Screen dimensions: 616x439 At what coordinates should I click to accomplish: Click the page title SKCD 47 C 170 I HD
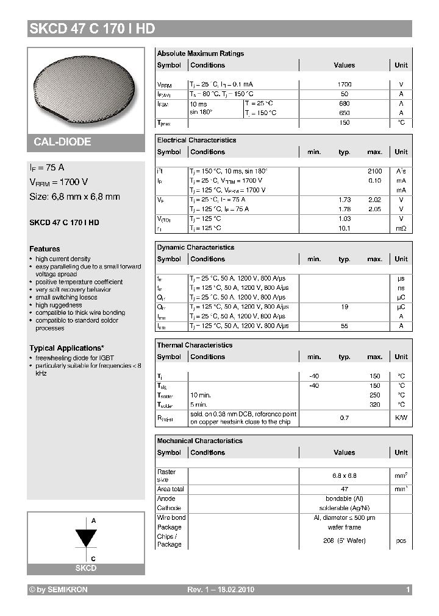[x=92, y=29]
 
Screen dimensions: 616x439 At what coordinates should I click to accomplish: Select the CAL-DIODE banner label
[x=62, y=142]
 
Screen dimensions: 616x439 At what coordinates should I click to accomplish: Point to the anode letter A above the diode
[x=93, y=521]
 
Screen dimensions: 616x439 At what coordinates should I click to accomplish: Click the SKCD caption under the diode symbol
[x=85, y=568]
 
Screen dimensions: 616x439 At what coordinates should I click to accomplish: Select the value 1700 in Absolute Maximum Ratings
[x=344, y=85]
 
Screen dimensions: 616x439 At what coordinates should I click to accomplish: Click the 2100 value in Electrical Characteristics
[x=374, y=171]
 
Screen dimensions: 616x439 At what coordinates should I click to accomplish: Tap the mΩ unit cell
[x=401, y=228]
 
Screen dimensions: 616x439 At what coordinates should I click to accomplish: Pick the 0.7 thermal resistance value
[x=344, y=418]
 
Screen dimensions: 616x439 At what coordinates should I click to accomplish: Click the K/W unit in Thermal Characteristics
[x=401, y=418]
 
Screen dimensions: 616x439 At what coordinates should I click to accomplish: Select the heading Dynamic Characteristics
[x=195, y=248]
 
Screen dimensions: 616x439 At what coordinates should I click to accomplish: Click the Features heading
[x=45, y=249]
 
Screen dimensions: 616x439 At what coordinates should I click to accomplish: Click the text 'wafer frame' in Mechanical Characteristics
[x=344, y=527]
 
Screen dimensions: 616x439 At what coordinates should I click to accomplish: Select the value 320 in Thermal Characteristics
[x=374, y=405]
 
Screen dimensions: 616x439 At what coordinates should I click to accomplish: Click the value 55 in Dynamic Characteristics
[x=344, y=326]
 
